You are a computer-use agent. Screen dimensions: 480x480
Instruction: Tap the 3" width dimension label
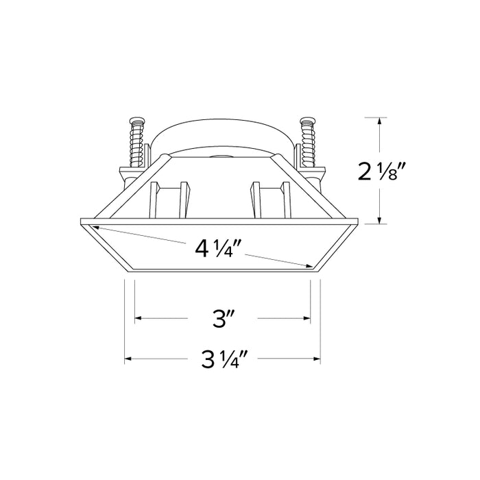pos(223,319)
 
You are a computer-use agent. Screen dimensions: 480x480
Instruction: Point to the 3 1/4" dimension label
pos(223,359)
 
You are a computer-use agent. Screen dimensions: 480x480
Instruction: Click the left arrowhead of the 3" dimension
pos(139,318)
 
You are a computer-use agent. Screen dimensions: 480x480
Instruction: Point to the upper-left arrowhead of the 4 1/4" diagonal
pos(98,229)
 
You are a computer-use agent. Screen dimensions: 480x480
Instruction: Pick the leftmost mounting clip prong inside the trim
pos(156,198)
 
